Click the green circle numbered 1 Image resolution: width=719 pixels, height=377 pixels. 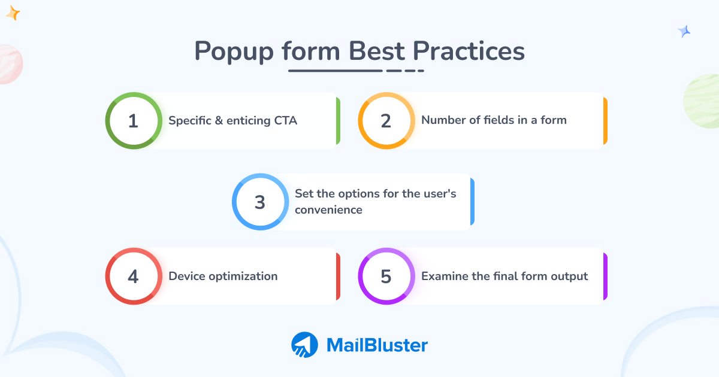pos(133,121)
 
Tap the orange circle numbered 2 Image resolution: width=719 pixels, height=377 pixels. pos(386,121)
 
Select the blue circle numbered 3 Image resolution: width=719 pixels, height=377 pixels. pos(259,202)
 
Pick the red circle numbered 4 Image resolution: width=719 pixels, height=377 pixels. pos(133,276)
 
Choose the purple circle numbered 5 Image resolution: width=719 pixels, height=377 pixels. pos(386,276)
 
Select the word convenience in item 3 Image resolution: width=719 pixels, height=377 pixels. pos(328,210)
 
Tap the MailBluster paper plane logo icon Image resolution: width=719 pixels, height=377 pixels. pos(304,345)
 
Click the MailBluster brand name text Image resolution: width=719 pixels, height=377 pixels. pos(377,345)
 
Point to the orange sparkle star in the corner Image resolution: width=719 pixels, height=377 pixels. pos(13,13)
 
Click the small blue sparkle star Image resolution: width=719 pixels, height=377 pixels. pos(684,32)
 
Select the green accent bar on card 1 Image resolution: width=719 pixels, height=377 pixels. pos(338,121)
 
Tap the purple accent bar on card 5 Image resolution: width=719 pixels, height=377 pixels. pos(605,276)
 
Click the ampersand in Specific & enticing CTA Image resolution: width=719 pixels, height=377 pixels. pos(219,120)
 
